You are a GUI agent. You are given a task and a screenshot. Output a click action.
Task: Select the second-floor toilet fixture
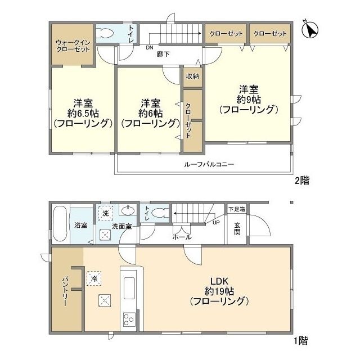pyautogui.click(x=106, y=34)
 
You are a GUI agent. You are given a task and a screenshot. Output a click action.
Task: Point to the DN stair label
pyautogui.click(x=149, y=48)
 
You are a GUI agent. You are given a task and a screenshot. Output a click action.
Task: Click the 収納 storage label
pyautogui.click(x=192, y=76)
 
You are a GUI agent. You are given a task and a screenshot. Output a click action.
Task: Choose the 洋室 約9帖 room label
pyautogui.click(x=249, y=99)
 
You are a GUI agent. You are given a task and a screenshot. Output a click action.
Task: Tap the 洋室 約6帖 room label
pyautogui.click(x=150, y=112)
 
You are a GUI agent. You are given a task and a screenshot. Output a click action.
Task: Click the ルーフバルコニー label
pyautogui.click(x=209, y=165)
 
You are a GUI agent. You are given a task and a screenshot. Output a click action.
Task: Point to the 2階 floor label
pyautogui.click(x=301, y=181)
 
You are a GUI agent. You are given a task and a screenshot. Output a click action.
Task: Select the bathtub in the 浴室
pyautogui.click(x=60, y=224)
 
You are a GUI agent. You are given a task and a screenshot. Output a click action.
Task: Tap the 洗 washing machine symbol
pyautogui.click(x=105, y=213)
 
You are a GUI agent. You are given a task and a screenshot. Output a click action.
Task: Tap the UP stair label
pyautogui.click(x=216, y=223)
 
